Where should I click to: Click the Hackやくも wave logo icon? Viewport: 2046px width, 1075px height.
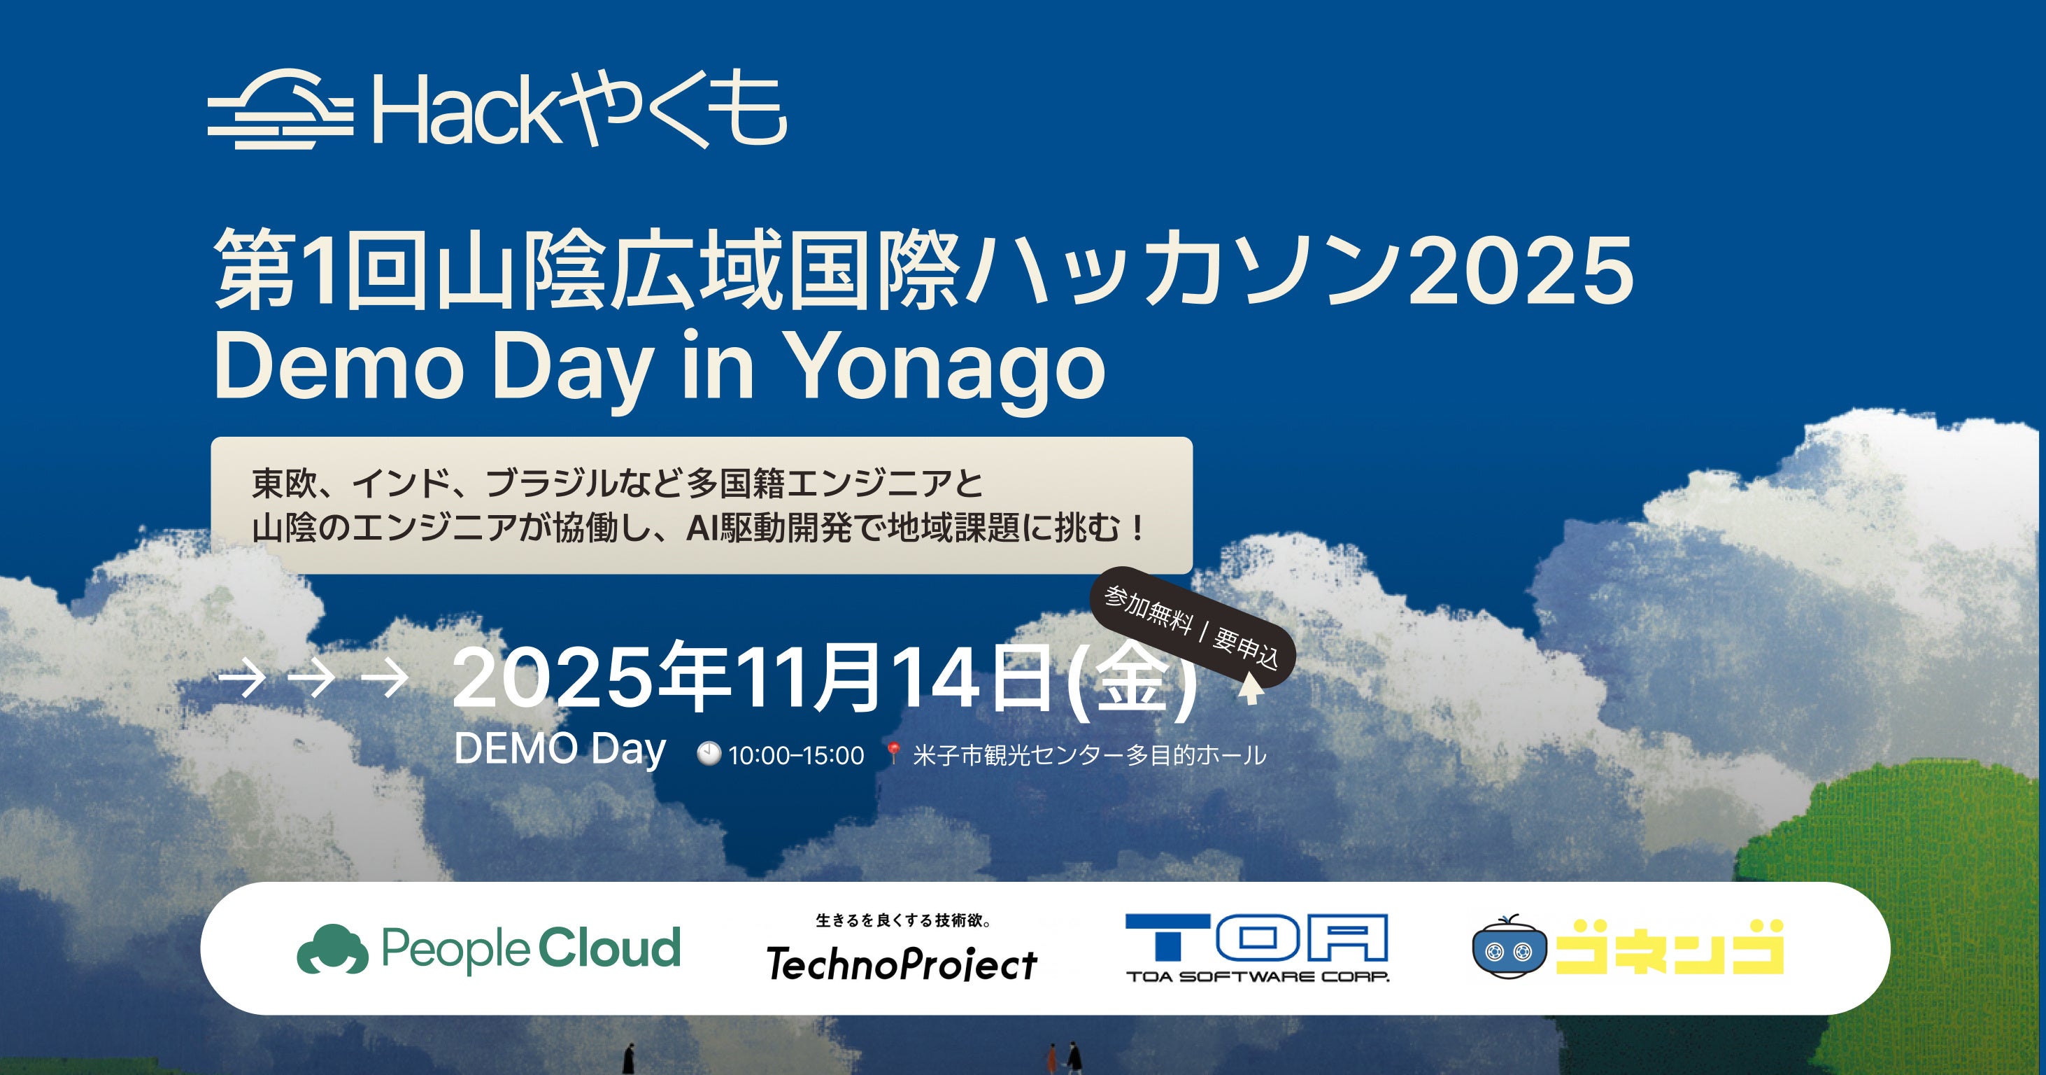pyautogui.click(x=280, y=109)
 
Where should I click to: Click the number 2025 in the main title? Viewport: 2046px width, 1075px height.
pyautogui.click(x=1520, y=272)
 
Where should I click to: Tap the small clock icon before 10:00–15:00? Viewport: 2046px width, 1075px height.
pyautogui.click(x=709, y=753)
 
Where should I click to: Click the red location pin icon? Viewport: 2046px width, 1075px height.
pyautogui.click(x=893, y=753)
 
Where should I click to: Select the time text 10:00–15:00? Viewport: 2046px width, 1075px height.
pyautogui.click(x=796, y=754)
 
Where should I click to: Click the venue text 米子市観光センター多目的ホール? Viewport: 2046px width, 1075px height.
pyautogui.click(x=1089, y=754)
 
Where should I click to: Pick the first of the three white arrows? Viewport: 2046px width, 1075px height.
pyautogui.click(x=242, y=680)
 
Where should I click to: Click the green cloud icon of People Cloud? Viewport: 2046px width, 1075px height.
pyautogui.click(x=332, y=948)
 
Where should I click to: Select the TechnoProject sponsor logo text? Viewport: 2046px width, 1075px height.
pyautogui.click(x=902, y=964)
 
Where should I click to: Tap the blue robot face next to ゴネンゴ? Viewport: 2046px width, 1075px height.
pyautogui.click(x=1509, y=948)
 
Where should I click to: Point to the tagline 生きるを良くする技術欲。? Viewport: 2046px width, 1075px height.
pyautogui.click(x=903, y=920)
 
